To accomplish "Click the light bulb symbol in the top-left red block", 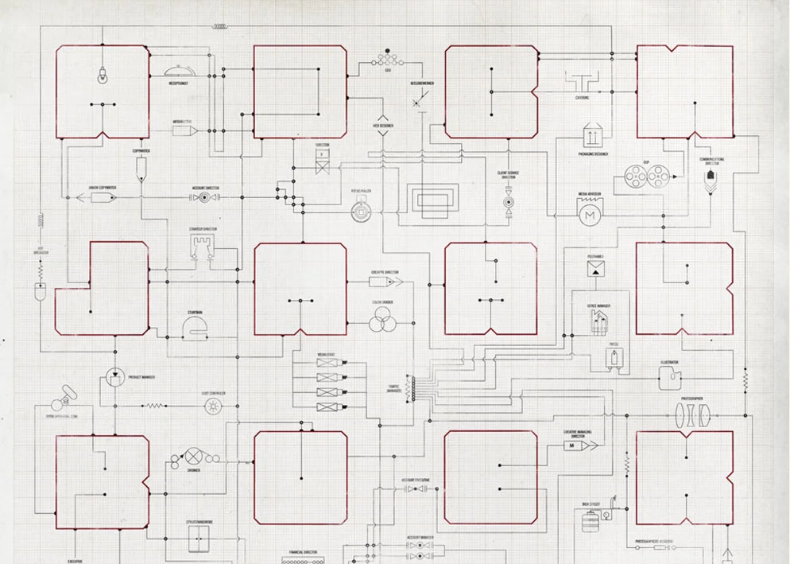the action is pyautogui.click(x=102, y=77).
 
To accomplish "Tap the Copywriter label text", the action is pyautogui.click(x=141, y=150).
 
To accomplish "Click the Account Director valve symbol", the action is pyautogui.click(x=205, y=196).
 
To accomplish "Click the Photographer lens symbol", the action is pyautogui.click(x=691, y=413).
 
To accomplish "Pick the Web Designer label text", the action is pyautogui.click(x=383, y=126).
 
